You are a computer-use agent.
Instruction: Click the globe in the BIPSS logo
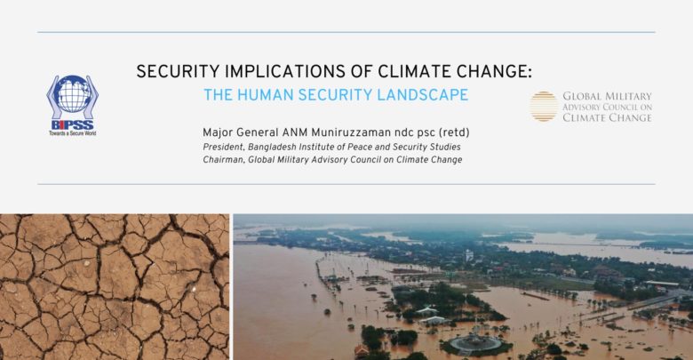click(73, 94)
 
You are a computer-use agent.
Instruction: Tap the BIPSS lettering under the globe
click(73, 124)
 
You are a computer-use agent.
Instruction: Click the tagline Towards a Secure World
click(73, 133)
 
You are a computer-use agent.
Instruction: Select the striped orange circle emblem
click(544, 106)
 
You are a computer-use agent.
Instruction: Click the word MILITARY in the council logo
click(628, 96)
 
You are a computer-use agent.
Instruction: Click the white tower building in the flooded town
click(469, 255)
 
